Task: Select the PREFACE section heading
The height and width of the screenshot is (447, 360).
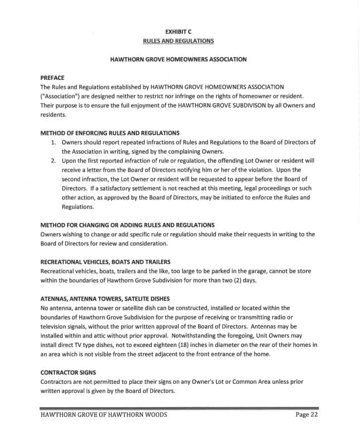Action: pos(52,78)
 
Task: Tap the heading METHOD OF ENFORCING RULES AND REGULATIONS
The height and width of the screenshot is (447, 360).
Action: pos(110,133)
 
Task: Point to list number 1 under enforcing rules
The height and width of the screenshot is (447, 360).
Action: pos(53,142)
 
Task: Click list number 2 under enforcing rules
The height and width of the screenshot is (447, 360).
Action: pos(53,160)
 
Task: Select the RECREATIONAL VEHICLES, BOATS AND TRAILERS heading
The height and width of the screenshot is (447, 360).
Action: pos(105,261)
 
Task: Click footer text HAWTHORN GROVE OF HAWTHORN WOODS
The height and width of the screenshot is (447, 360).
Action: pos(103,415)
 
